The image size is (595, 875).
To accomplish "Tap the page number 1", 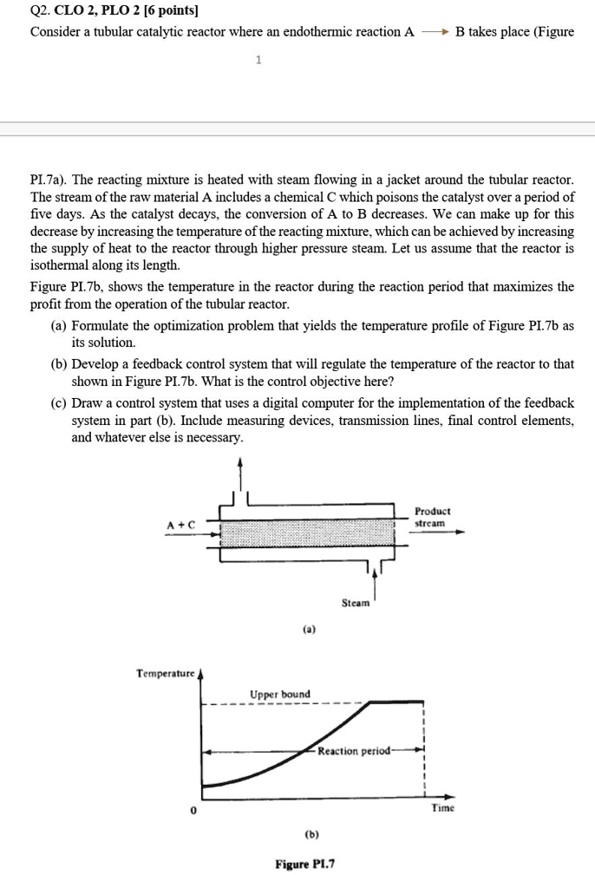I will click(258, 60).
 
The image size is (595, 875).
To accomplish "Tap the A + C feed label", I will click(181, 525).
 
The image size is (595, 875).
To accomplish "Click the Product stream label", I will click(432, 518).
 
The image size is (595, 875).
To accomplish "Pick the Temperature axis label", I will click(165, 673).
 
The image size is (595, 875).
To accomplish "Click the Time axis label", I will click(442, 807).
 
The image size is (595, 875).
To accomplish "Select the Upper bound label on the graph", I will click(279, 694).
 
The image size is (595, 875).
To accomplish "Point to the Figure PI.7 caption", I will click(305, 864).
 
